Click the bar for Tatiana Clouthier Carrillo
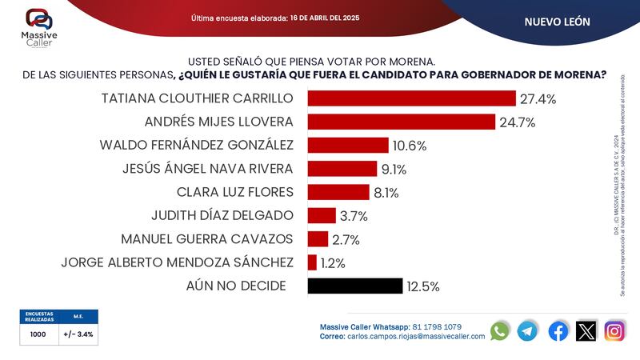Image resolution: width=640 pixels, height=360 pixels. point(411,98)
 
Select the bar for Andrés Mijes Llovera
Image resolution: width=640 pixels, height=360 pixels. point(401,122)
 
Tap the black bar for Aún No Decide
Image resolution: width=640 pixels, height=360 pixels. point(354,286)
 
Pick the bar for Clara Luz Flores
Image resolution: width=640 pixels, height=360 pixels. point(338,192)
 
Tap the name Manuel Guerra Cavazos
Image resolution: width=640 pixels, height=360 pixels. point(207,239)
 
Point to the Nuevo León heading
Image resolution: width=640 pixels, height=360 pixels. point(557,22)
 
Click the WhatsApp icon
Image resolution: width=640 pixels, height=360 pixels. point(500,330)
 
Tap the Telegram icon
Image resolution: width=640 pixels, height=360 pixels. point(527,330)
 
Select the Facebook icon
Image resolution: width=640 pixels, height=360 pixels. point(558,330)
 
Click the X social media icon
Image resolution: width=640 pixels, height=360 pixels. point(586,330)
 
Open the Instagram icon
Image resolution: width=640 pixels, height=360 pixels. point(614,330)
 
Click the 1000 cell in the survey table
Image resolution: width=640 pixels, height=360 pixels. point(38,335)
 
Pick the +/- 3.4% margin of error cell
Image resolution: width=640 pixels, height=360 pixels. point(78,335)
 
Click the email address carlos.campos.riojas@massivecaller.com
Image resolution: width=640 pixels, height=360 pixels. point(416,337)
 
